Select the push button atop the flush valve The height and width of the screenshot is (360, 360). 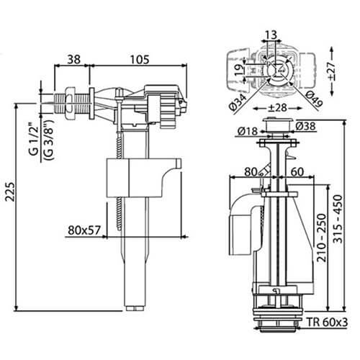pyautogui.click(x=276, y=129)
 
